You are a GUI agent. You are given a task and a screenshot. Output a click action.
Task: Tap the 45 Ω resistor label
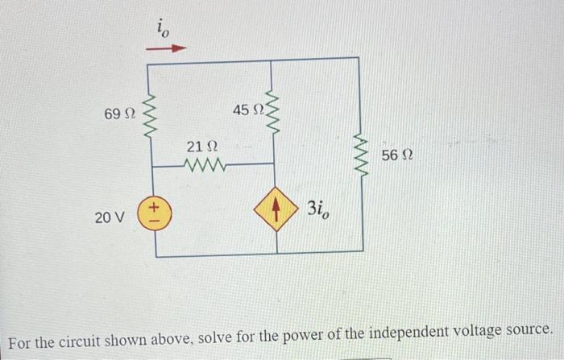(247, 109)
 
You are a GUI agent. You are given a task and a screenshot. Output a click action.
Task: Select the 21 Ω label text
(201, 147)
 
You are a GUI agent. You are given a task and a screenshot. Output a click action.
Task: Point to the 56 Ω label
(397, 155)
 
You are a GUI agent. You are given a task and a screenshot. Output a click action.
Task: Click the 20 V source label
(111, 217)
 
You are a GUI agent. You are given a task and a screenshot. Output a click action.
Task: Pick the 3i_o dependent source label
(317, 210)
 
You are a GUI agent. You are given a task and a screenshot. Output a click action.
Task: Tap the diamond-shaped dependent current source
(276, 211)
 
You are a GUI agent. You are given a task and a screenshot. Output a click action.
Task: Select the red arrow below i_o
(170, 48)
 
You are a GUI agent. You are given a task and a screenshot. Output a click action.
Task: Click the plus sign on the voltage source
(155, 209)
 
